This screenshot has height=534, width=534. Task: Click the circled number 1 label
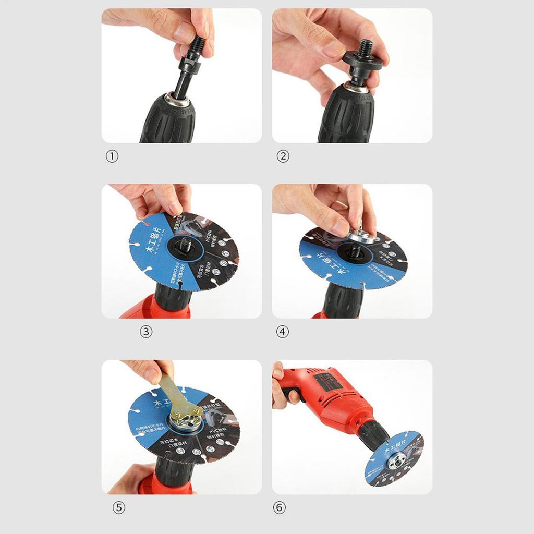pos(112,156)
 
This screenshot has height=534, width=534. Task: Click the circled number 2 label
pos(283,156)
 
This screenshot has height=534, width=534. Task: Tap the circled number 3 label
pos(146,331)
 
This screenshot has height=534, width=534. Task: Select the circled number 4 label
pos(283,331)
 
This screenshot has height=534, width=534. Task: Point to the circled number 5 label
pos(119,507)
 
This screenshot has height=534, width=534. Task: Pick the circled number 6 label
pos(280,507)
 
